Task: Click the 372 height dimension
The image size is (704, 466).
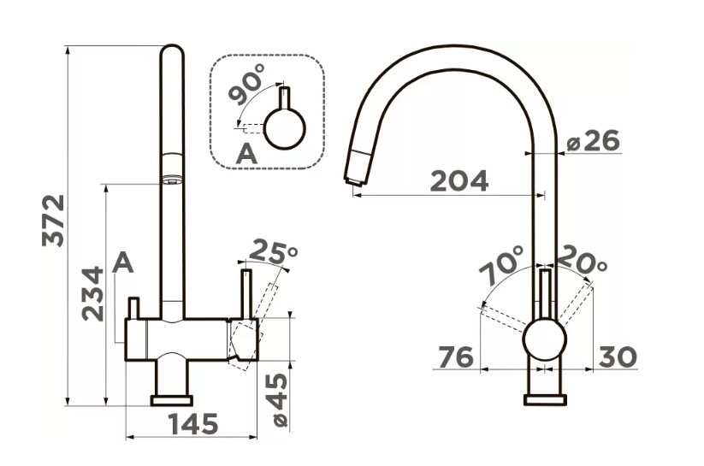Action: (53, 221)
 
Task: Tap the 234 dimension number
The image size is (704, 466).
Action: (93, 293)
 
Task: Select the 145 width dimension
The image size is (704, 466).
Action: (193, 424)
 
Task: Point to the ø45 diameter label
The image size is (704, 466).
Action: (279, 400)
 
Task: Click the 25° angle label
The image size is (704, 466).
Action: (273, 251)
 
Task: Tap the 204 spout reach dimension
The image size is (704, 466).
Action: (458, 181)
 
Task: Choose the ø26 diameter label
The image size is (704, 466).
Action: (593, 141)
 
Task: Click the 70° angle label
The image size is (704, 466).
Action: (500, 265)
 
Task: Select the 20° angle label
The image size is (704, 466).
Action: (583, 259)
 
